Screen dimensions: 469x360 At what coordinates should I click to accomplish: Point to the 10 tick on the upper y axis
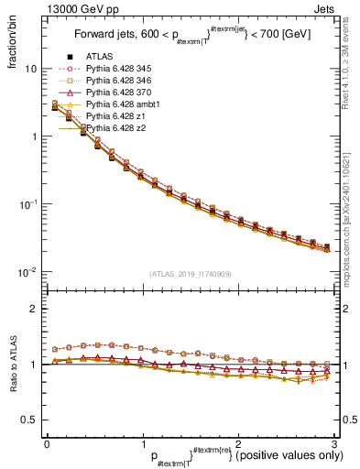(x=29, y=69)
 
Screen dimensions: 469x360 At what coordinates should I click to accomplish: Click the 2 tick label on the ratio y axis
(x=33, y=309)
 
